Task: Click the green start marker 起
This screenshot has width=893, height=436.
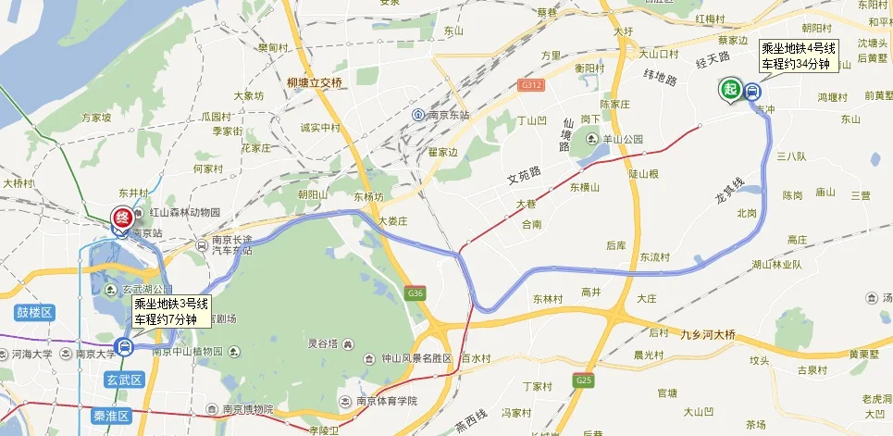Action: (x=730, y=89)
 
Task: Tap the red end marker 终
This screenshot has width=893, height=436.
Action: (x=121, y=218)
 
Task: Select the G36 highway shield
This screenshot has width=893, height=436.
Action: (x=415, y=293)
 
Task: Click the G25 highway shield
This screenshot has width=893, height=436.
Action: (x=583, y=380)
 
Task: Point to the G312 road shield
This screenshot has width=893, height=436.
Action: (x=530, y=84)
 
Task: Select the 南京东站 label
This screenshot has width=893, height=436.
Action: (x=448, y=115)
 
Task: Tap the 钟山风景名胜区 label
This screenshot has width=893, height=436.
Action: (x=415, y=358)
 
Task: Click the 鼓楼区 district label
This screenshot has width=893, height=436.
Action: (x=35, y=313)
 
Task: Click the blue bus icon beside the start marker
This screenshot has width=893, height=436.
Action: (x=751, y=91)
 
